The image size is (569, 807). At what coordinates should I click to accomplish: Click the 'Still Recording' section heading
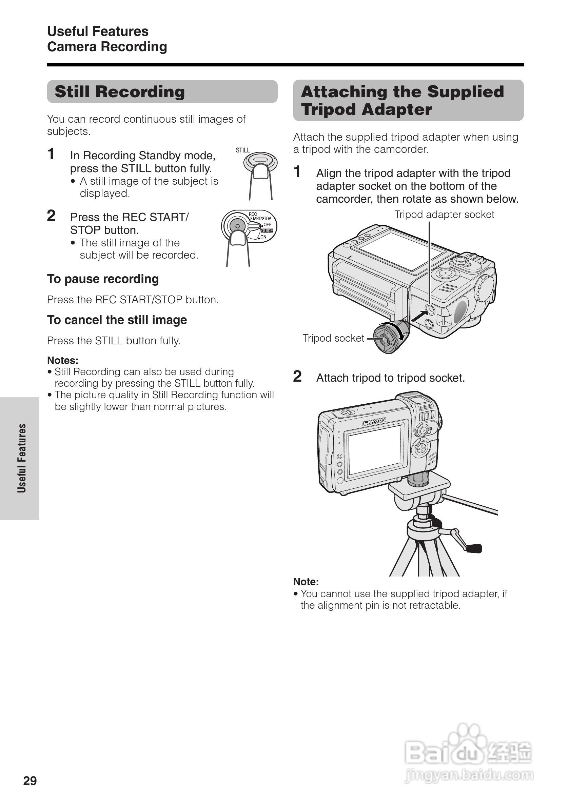pyautogui.click(x=120, y=92)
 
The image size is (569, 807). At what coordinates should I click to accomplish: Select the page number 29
pyautogui.click(x=30, y=780)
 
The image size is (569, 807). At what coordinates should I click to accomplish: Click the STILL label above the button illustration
pyautogui.click(x=243, y=150)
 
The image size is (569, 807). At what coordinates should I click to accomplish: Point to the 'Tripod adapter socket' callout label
pyautogui.click(x=444, y=215)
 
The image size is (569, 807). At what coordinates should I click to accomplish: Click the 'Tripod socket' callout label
pyautogui.click(x=333, y=338)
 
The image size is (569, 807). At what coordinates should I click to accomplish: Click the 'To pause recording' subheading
pyautogui.click(x=103, y=279)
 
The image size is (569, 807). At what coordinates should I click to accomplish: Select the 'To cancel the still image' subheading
pyautogui.click(x=117, y=320)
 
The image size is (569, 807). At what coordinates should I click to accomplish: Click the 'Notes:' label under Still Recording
pyautogui.click(x=63, y=360)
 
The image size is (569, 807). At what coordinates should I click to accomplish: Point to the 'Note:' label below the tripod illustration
pyautogui.click(x=306, y=582)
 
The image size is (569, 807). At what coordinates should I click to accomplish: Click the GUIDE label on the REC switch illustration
pyautogui.click(x=267, y=230)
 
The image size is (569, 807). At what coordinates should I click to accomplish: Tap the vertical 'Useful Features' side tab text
pyautogui.click(x=22, y=458)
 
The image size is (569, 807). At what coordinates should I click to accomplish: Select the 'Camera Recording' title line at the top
pyautogui.click(x=107, y=47)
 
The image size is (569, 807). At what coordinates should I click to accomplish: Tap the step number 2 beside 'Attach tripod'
pyautogui.click(x=297, y=377)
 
